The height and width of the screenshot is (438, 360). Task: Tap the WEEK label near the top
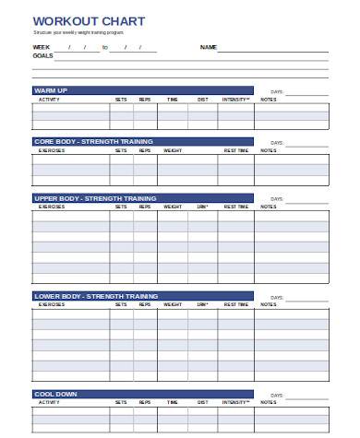tap(42, 46)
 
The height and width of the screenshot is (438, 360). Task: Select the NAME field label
tap(208, 46)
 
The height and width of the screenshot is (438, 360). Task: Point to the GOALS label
tap(42, 55)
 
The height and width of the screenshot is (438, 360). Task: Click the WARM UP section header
tap(51, 90)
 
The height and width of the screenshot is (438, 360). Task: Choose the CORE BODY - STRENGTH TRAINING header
tap(94, 142)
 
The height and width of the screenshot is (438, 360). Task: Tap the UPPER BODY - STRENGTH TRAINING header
tap(95, 198)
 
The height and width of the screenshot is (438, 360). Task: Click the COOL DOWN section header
tap(55, 394)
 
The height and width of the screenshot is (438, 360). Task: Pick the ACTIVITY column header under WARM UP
tap(49, 99)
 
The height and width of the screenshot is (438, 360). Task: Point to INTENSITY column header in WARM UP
tap(235, 99)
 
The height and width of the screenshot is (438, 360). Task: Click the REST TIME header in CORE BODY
tap(236, 150)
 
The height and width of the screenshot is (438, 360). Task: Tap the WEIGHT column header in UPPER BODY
tap(173, 207)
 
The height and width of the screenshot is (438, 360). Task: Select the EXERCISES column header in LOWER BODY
tap(52, 304)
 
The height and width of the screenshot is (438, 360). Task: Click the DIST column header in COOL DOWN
tap(202, 402)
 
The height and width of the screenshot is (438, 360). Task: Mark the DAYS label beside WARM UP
tap(277, 91)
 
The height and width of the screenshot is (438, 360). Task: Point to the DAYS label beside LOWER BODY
tap(277, 297)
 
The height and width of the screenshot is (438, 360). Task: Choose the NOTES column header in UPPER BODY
tap(268, 207)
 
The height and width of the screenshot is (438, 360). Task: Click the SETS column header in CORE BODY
tap(121, 150)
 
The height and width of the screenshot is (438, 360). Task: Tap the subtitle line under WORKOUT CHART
tap(82, 31)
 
